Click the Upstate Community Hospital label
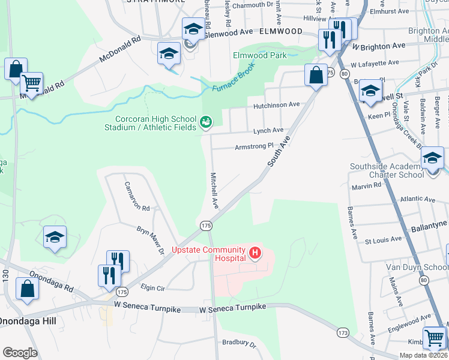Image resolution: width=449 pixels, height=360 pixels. point(209,254)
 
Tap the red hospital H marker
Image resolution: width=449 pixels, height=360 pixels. point(255,253)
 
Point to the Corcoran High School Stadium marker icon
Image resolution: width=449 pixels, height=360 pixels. point(206,122)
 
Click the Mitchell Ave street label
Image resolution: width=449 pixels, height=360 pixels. point(214,191)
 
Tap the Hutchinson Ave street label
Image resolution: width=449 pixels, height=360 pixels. point(276,104)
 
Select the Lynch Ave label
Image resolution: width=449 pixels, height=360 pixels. point(268,130)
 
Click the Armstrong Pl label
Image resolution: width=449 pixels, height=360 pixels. point(254,146)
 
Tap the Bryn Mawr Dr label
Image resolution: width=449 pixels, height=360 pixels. point(151,239)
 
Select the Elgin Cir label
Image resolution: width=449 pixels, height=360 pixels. point(152,287)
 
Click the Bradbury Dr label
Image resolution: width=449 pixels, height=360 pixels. point(239,345)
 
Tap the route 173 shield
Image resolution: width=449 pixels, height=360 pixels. point(343,332)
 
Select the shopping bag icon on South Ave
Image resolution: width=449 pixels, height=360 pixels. point(316,75)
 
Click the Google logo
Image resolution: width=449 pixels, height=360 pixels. point(20,352)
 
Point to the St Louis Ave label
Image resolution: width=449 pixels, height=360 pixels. point(383,239)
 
